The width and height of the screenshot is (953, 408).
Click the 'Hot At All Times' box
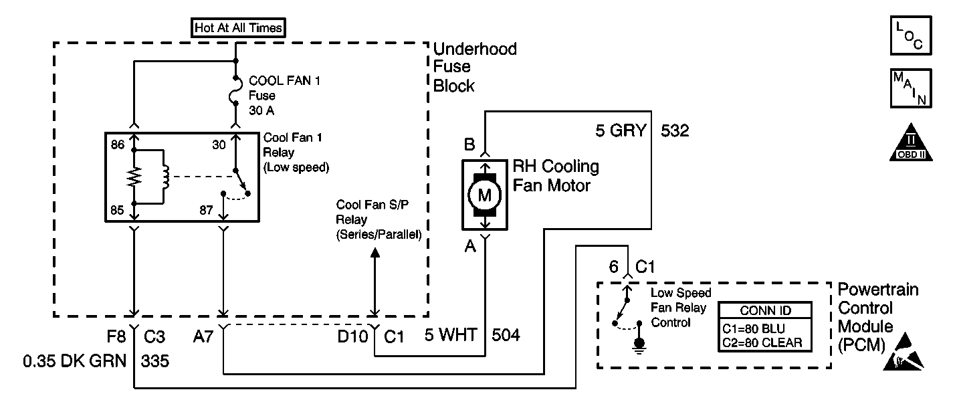(238, 28)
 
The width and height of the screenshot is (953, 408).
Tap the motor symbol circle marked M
(485, 195)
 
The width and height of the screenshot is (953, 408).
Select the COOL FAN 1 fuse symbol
(235, 92)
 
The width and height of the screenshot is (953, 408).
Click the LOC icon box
(909, 36)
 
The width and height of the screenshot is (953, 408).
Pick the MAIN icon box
(909, 88)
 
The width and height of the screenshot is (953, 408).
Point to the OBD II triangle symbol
(909, 142)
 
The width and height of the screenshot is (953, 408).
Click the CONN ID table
(764, 327)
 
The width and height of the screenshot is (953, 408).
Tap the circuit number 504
(506, 334)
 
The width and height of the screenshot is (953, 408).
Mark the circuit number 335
(155, 362)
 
